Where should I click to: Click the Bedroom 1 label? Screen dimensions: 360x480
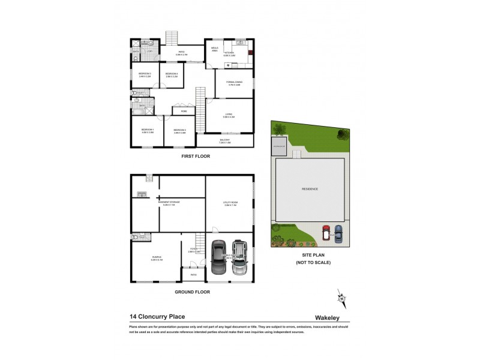148,130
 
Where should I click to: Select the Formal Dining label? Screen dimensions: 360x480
234,84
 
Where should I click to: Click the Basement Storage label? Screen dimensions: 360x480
169,203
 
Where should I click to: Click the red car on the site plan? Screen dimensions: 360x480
326,232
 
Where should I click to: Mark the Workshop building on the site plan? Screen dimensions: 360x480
280,146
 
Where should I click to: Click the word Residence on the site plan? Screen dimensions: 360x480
310,189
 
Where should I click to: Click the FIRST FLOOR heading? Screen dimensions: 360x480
196,156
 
